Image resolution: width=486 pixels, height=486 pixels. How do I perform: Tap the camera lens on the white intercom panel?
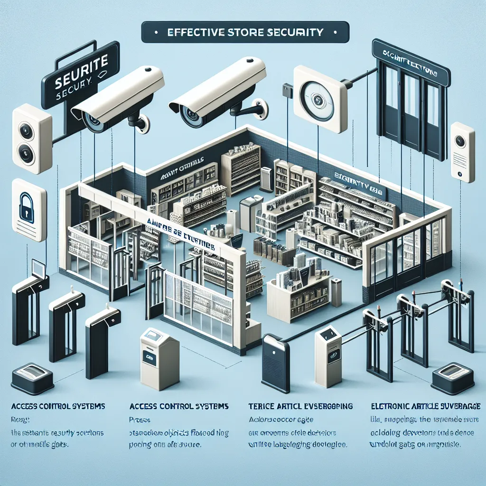point(460,141)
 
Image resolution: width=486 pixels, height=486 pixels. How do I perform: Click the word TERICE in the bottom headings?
point(262,407)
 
